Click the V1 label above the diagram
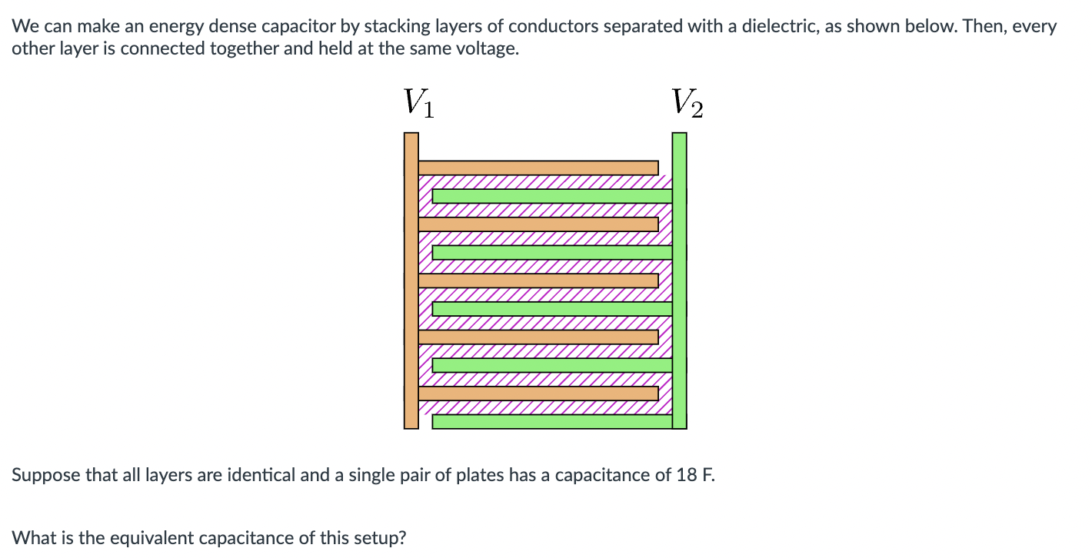(x=418, y=103)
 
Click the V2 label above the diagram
(x=686, y=103)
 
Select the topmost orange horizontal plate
(x=538, y=168)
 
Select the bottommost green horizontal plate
(x=552, y=421)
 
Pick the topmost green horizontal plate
(x=552, y=196)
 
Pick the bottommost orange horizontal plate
(x=538, y=393)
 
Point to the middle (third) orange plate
(x=538, y=281)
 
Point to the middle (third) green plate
(x=552, y=308)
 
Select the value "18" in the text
(x=686, y=475)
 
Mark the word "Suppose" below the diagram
(x=46, y=475)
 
